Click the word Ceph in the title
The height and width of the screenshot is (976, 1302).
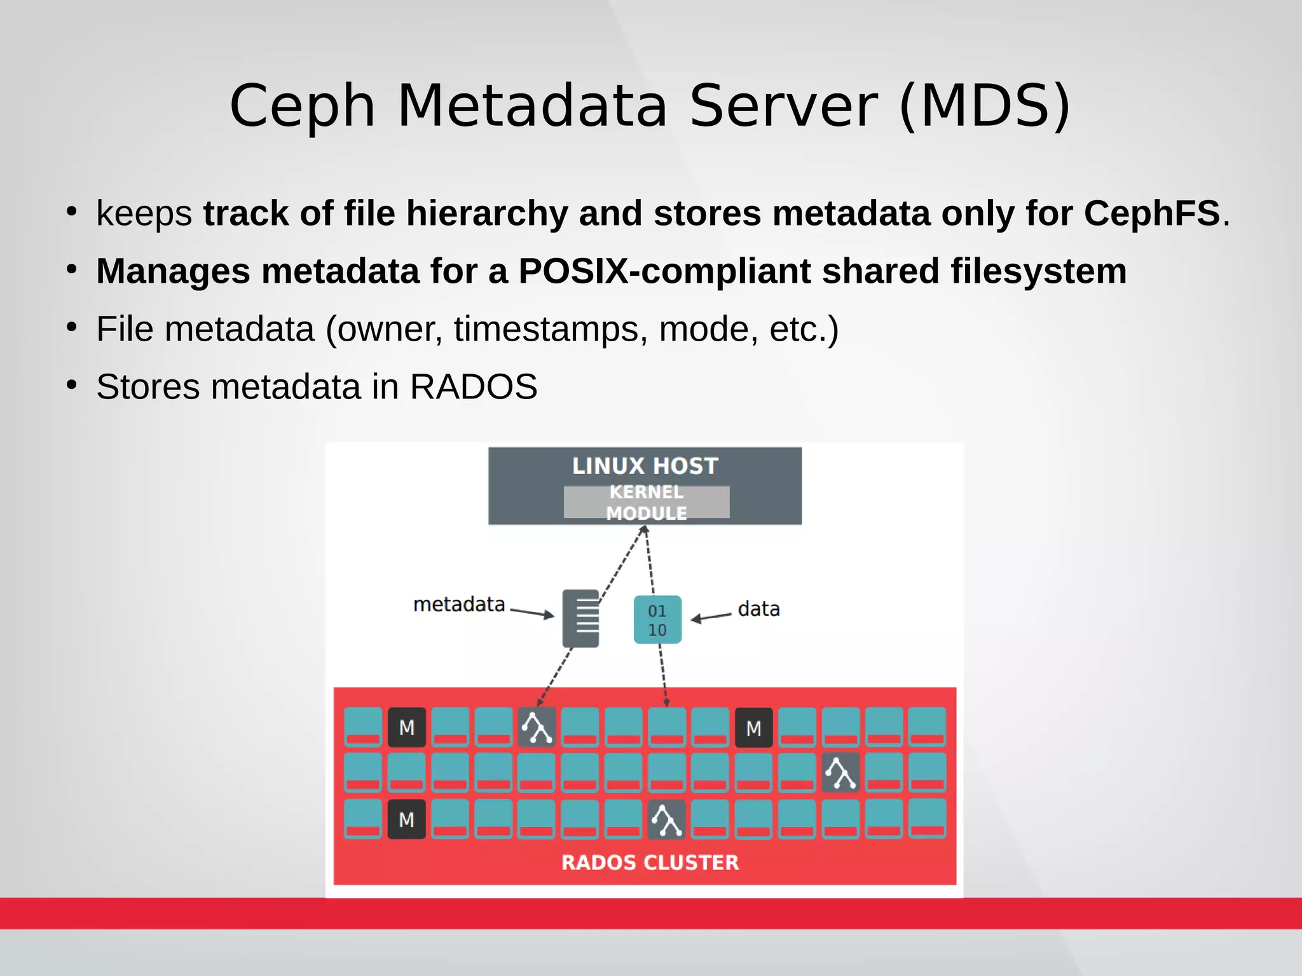click(302, 106)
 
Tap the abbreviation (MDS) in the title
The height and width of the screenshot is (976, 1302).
click(985, 106)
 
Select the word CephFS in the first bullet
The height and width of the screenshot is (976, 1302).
click(1151, 213)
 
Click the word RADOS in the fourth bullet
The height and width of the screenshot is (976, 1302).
click(473, 387)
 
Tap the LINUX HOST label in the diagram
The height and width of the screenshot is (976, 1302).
click(645, 466)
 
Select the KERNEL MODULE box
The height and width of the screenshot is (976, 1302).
click(646, 502)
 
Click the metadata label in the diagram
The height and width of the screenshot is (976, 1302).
click(459, 604)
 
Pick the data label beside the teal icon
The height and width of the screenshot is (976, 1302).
click(758, 609)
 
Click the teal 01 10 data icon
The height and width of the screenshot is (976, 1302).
click(657, 620)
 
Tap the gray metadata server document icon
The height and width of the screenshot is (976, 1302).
click(580, 618)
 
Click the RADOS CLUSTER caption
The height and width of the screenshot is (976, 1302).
click(650, 862)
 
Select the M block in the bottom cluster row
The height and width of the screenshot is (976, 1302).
click(407, 820)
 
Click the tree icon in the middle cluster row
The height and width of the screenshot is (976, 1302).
click(840, 773)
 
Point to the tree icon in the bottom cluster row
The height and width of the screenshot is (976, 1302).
click(667, 820)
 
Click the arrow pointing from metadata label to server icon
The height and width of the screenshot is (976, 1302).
click(532, 613)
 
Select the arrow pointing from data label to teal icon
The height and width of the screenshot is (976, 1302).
click(711, 617)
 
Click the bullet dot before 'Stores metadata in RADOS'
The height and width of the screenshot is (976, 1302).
click(72, 385)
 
